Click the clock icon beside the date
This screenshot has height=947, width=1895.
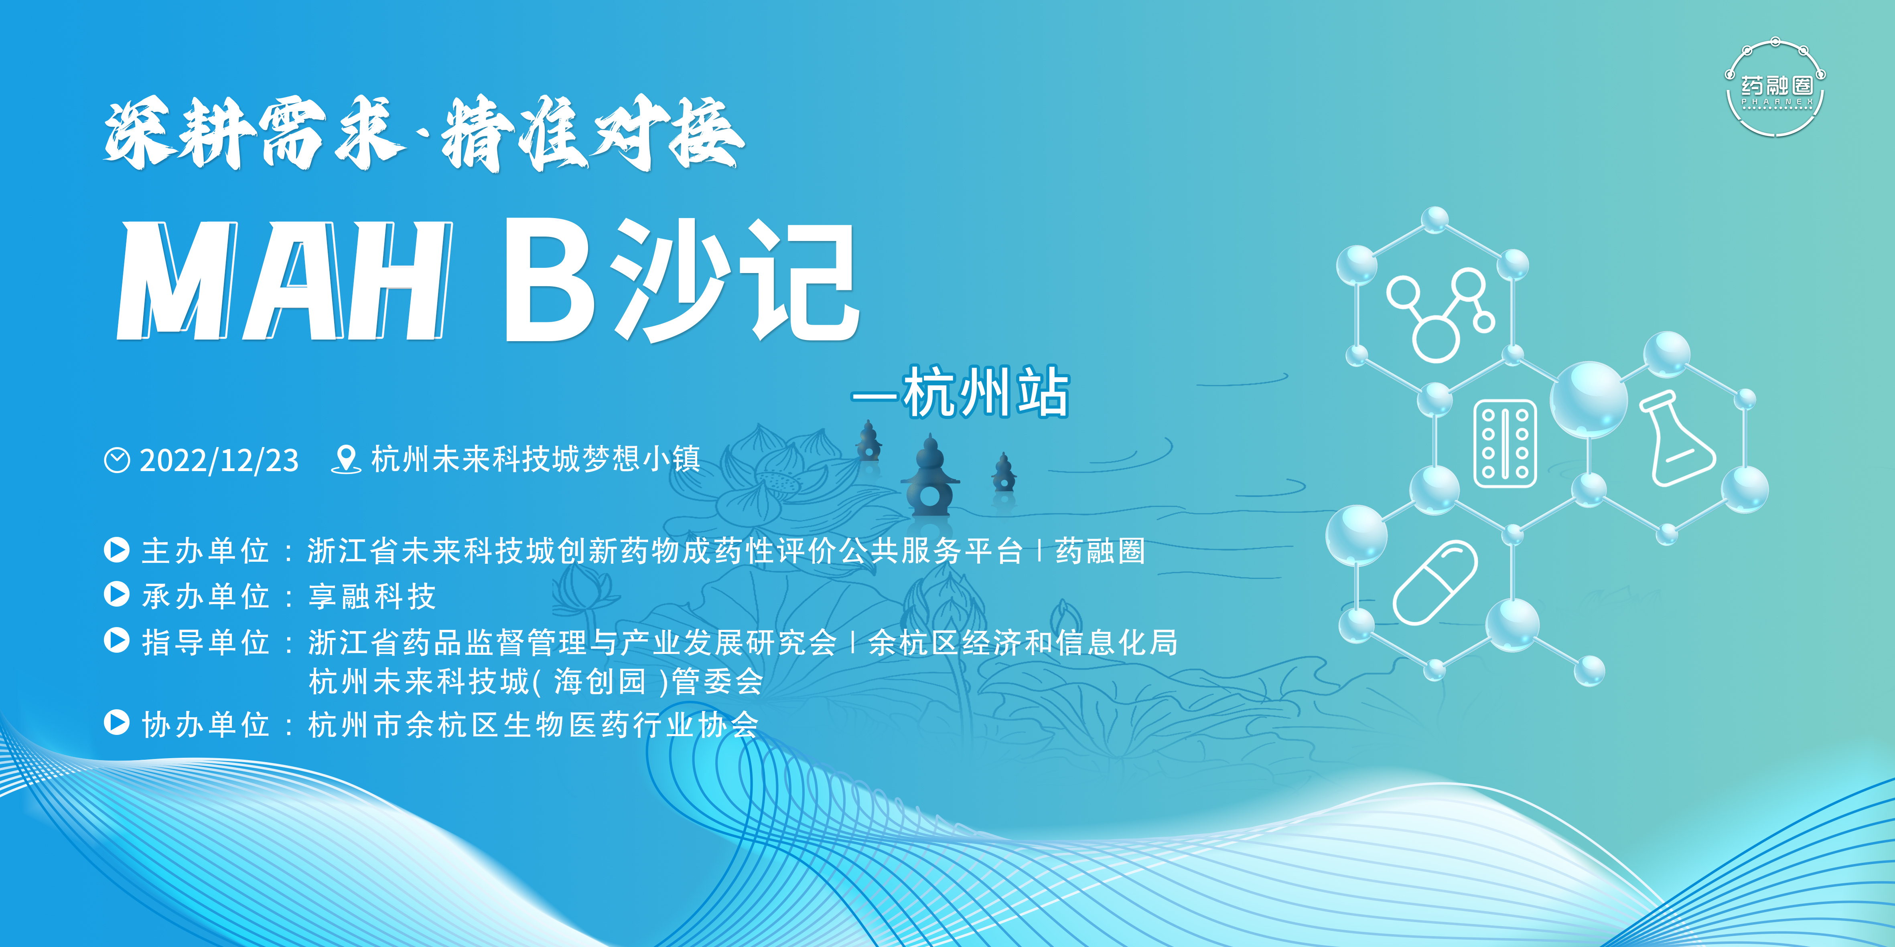pos(117,460)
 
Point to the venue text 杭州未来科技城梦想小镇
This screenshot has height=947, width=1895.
pos(536,459)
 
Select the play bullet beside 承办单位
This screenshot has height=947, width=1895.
pos(116,594)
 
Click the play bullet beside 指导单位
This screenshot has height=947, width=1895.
pos(116,640)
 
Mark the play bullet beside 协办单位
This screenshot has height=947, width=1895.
pos(116,723)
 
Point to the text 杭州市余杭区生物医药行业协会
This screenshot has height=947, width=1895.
pos(534,725)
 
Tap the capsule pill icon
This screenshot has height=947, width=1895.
pos(1434,582)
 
